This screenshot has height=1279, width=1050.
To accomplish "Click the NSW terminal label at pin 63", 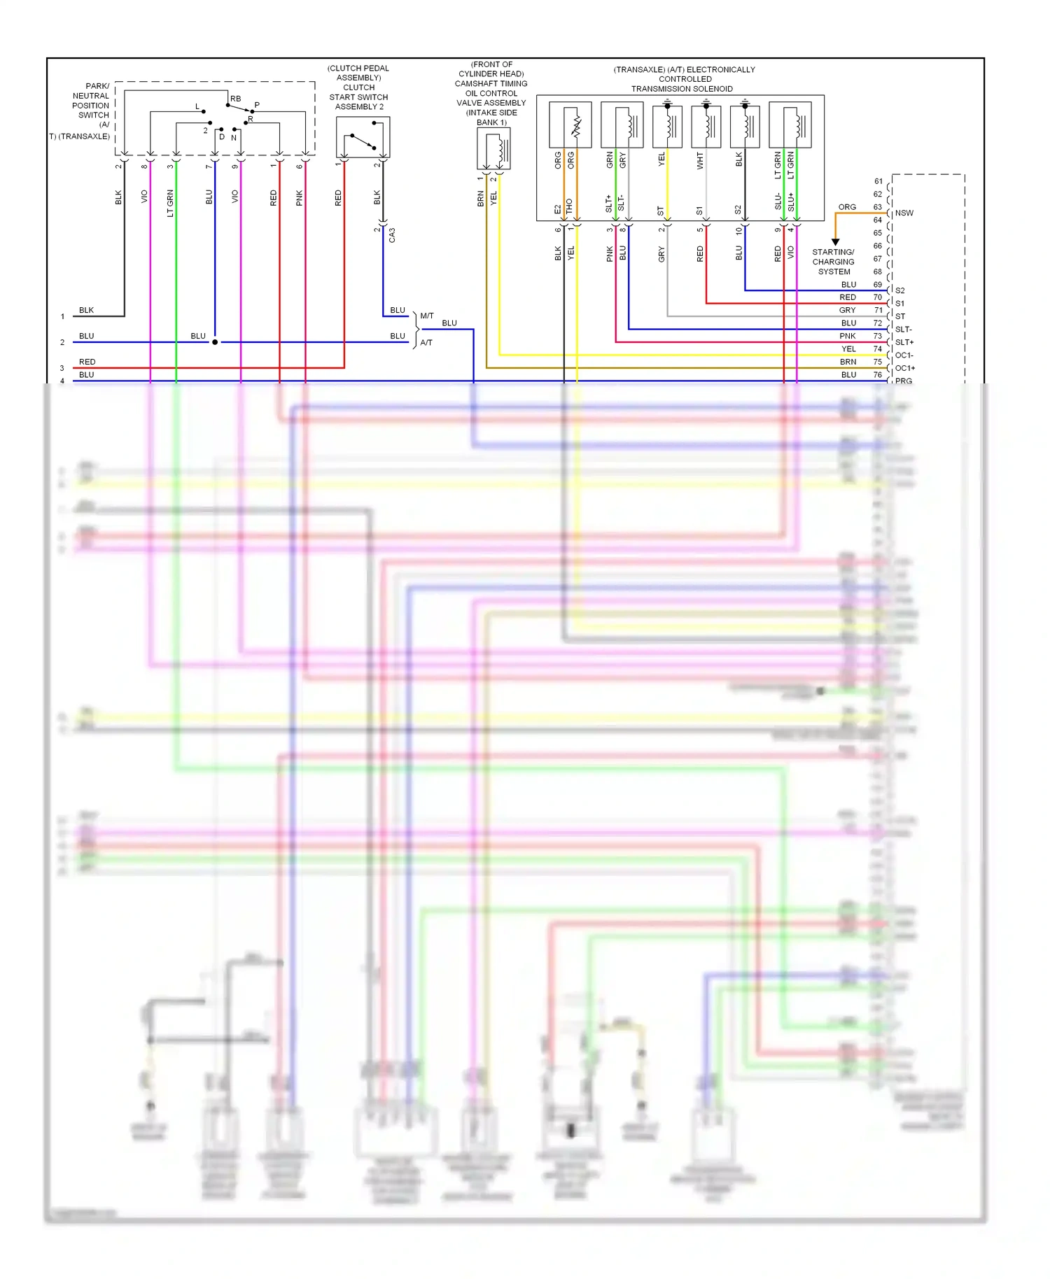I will point(904,213).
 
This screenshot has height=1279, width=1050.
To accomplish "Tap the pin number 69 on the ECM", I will point(877,285).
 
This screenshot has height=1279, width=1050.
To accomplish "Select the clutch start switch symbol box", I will point(363,137).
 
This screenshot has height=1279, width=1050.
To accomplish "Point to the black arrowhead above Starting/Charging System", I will point(835,242).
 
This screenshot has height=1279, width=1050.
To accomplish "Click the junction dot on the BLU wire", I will point(215,342).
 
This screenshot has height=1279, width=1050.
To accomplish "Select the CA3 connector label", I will point(392,235).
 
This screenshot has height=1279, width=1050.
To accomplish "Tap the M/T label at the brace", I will point(427,316).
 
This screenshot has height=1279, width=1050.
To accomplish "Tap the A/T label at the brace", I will point(426,343).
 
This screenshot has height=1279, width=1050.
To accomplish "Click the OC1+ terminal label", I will point(905,368).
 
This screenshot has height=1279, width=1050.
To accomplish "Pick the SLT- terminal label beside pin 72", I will point(903,330).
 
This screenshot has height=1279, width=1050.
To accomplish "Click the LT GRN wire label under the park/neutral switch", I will point(170,203).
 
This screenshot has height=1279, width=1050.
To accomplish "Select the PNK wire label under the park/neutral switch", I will point(300,198).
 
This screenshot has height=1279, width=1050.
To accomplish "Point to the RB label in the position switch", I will point(235,99).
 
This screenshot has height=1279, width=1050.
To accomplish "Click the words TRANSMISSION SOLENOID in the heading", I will point(682,89).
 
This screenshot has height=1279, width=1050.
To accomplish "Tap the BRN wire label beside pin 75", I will point(848,362).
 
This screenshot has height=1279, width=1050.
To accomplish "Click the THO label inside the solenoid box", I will point(570,206).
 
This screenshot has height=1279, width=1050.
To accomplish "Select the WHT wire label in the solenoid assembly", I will point(700,162).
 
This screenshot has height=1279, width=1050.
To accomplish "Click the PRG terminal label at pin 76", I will point(903,381).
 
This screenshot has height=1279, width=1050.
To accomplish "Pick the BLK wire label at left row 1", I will point(86,310).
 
